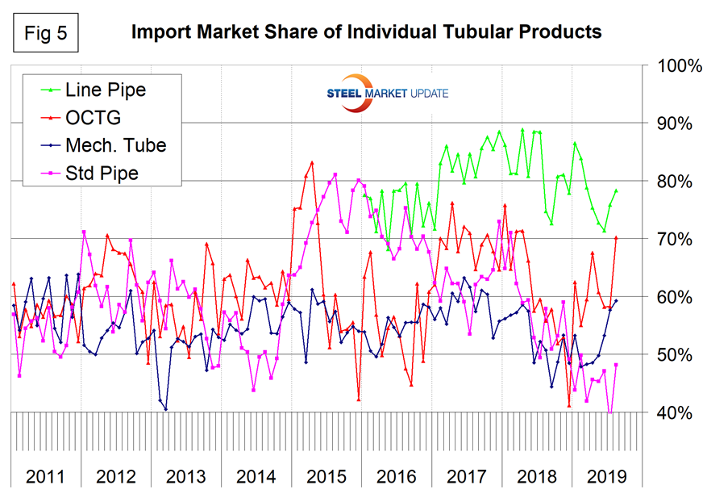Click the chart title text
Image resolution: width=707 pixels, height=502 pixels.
(x=367, y=32)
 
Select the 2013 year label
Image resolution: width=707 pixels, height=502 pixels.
(x=185, y=475)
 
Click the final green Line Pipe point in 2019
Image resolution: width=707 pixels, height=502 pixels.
(x=617, y=191)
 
